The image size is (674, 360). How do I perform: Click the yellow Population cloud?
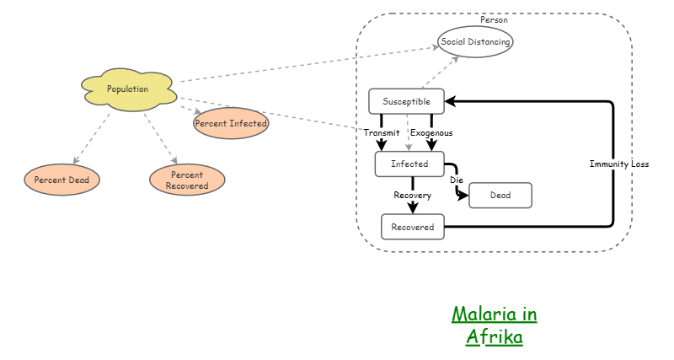pyautogui.click(x=128, y=89)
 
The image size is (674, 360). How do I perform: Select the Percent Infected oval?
pyautogui.click(x=231, y=123)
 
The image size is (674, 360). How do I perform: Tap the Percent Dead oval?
pyautogui.click(x=62, y=180)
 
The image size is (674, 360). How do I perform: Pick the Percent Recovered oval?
pyautogui.click(x=187, y=180)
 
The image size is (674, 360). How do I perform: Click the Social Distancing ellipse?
pyautogui.click(x=475, y=41)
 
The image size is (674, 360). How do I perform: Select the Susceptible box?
pyautogui.click(x=406, y=101)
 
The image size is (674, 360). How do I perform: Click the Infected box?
pyautogui.click(x=409, y=164)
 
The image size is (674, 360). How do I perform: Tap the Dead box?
pyautogui.click(x=500, y=196)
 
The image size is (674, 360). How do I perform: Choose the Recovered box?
pyautogui.click(x=412, y=227)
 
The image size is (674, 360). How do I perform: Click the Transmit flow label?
pyautogui.click(x=381, y=133)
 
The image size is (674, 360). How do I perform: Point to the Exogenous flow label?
pyautogui.click(x=431, y=133)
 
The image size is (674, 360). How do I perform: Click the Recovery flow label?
pyautogui.click(x=413, y=196)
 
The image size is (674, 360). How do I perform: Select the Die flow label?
pyautogui.click(x=457, y=180)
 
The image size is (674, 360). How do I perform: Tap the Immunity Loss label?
pyautogui.click(x=619, y=164)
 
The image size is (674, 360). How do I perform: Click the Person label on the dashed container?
pyautogui.click(x=494, y=19)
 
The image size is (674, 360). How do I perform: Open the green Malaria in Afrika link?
pyautogui.click(x=495, y=325)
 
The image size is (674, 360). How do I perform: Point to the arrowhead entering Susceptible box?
pyautogui.click(x=451, y=101)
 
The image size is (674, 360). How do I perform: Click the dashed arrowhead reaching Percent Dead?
pyautogui.click(x=76, y=160)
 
